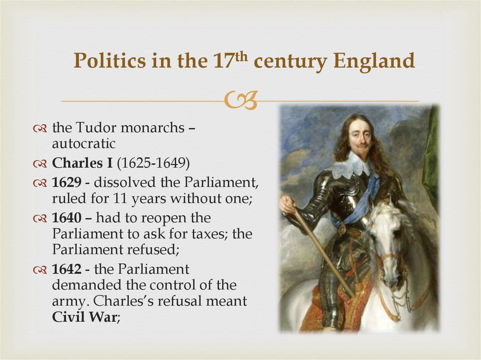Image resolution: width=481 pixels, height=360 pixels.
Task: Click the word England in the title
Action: [x=374, y=61]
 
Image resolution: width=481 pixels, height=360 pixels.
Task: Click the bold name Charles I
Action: [x=83, y=164]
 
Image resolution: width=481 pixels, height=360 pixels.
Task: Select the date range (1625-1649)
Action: [x=153, y=164]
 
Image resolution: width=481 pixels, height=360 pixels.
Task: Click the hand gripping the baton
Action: [x=287, y=205]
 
